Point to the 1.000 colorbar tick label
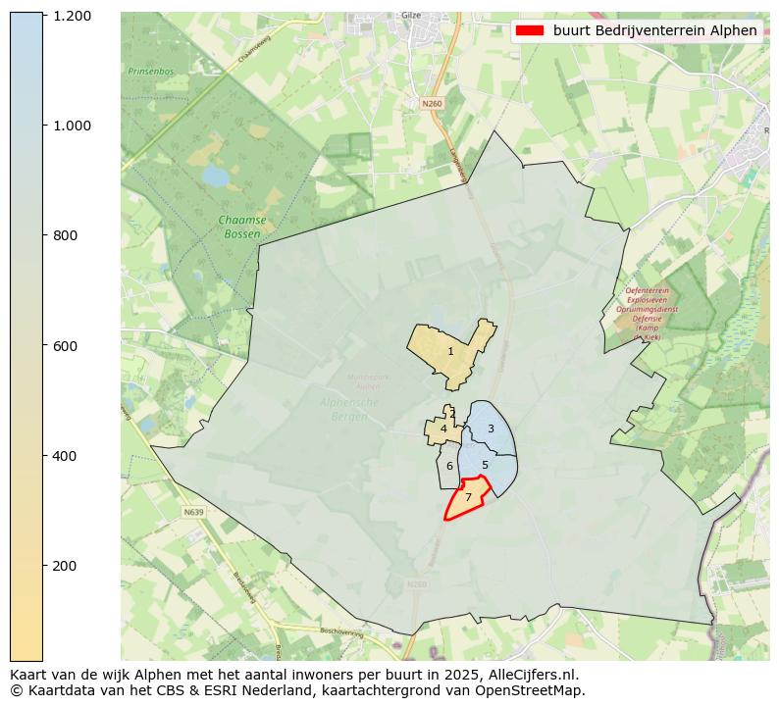[72, 126]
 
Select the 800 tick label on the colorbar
[66, 235]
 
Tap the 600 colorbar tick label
[66, 345]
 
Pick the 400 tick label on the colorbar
[66, 456]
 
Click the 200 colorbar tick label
[66, 566]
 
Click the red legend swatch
[529, 30]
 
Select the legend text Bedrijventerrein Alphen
[654, 30]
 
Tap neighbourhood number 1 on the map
[450, 351]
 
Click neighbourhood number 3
[491, 429]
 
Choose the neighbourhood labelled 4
[443, 429]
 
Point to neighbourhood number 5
[485, 465]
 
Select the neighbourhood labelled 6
[449, 467]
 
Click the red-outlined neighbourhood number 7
[468, 498]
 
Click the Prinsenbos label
[149, 72]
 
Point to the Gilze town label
[411, 16]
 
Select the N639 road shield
[192, 512]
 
